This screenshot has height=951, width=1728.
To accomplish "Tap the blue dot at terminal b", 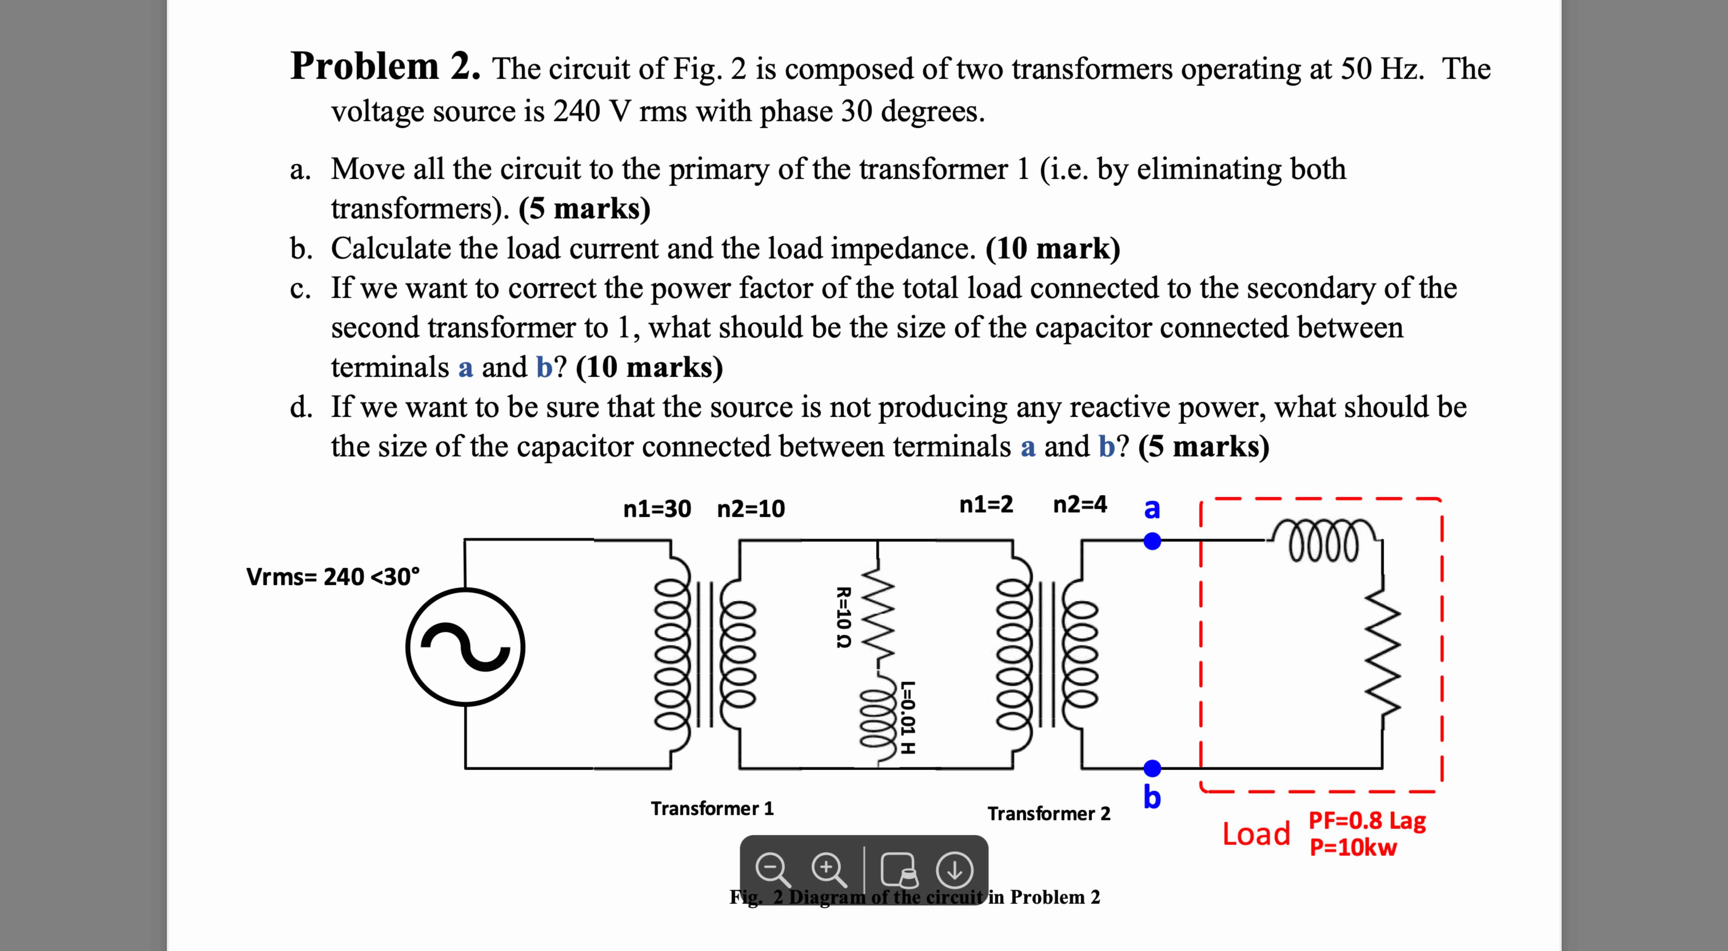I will tap(1152, 768).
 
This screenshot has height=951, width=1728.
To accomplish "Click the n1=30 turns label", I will tap(657, 509).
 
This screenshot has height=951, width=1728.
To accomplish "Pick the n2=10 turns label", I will tap(751, 509).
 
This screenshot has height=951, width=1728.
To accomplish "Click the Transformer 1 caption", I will tap(712, 808).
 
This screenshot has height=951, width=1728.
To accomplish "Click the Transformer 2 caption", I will tap(1048, 813).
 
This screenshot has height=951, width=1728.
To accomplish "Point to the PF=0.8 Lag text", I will tap(1367, 820).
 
